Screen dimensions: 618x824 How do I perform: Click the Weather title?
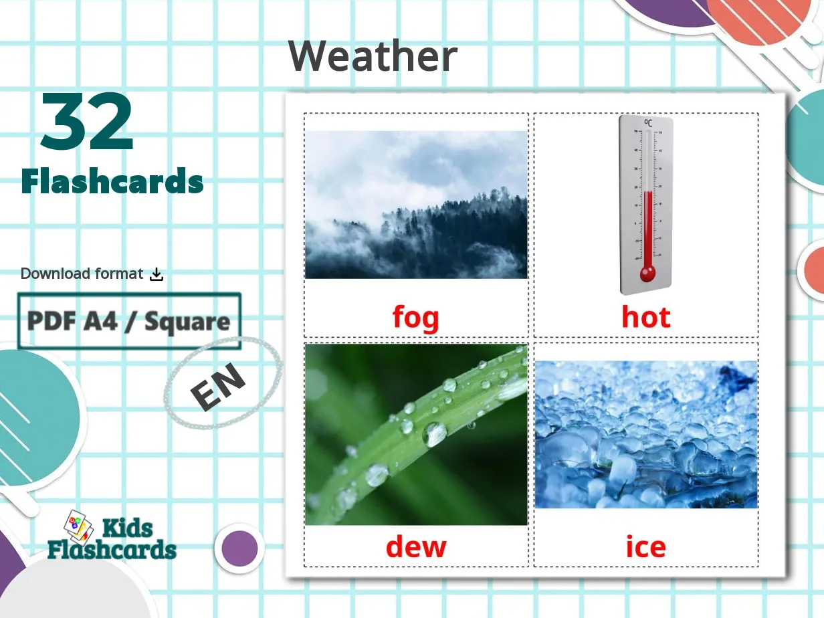point(373,56)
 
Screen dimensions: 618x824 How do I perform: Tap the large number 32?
point(87,123)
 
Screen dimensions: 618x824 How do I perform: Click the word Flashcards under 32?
point(112,182)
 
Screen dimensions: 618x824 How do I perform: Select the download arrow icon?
point(157,274)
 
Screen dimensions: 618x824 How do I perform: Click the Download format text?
point(82,274)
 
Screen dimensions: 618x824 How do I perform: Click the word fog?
point(415,316)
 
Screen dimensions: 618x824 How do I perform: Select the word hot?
point(645,316)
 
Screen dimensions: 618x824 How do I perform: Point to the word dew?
point(415,547)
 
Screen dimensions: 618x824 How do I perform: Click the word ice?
point(645,547)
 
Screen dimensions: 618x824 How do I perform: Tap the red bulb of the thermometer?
point(647,274)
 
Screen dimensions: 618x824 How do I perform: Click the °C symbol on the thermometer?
point(647,123)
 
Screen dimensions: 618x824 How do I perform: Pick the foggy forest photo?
point(416,204)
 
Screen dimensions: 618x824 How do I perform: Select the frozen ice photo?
point(646,435)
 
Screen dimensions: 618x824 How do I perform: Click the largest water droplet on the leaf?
point(435,433)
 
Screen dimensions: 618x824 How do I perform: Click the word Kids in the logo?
point(127,529)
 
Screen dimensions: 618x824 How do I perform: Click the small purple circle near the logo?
point(239,548)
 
